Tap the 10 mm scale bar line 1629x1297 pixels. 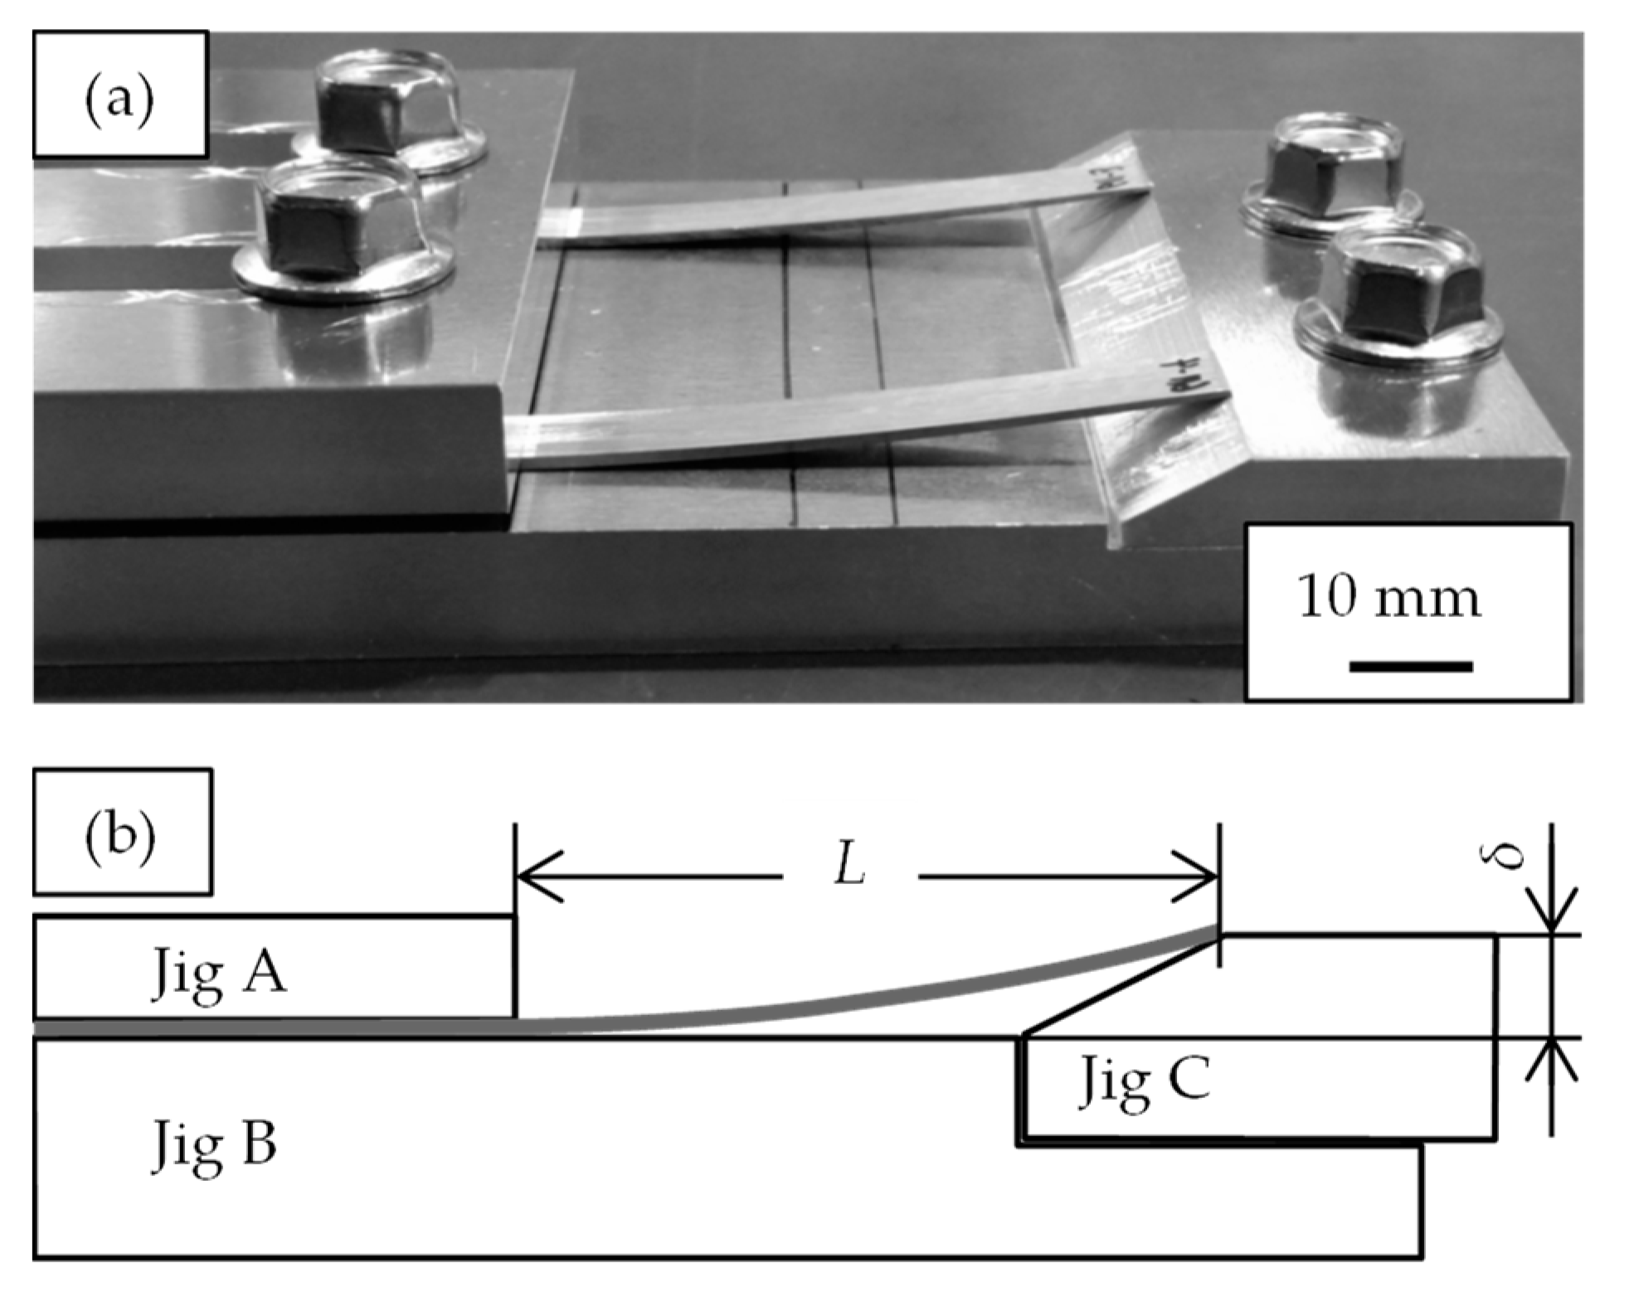coord(1410,666)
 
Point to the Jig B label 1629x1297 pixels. coord(214,1144)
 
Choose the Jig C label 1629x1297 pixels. coord(1144,1080)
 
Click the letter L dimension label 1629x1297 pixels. coord(850,869)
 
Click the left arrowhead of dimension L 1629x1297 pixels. coord(539,876)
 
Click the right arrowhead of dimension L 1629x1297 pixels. coord(1196,876)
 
